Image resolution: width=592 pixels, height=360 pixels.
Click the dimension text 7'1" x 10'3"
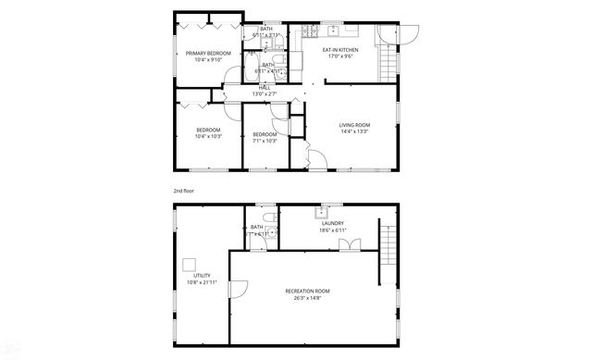point(265,141)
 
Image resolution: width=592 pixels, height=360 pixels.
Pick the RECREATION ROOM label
point(306,292)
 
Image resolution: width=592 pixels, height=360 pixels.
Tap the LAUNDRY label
point(333,223)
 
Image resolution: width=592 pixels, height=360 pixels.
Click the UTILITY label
point(201,275)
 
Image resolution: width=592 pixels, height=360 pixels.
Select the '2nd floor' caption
point(183,191)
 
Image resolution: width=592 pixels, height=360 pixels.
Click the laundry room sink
point(326,212)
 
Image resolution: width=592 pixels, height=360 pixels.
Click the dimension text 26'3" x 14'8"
point(306,298)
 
